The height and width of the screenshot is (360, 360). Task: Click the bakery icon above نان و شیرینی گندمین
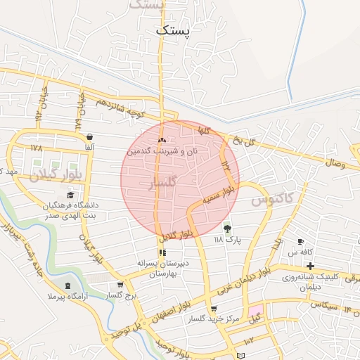pos(162,141)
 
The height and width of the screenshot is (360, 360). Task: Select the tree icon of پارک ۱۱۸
pos(226,228)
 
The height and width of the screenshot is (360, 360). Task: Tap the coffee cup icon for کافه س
pos(301,241)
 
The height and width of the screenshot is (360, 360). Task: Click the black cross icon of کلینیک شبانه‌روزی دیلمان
pos(310,265)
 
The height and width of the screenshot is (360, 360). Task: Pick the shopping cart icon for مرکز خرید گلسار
pos(214,309)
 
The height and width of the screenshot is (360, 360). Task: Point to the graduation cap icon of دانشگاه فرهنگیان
pos(70,195)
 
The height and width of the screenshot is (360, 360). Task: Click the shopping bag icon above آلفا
pos(89,137)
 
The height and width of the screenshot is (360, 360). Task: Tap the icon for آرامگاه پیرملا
pos(67,285)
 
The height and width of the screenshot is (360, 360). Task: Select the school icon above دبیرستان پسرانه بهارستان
pos(162,252)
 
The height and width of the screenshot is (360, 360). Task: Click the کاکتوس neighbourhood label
pos(271,200)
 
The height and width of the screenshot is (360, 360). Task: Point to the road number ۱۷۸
pos(37,148)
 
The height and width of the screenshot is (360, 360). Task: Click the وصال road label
pos(335,163)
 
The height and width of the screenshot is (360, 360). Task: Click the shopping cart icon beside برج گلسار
pos(120,285)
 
